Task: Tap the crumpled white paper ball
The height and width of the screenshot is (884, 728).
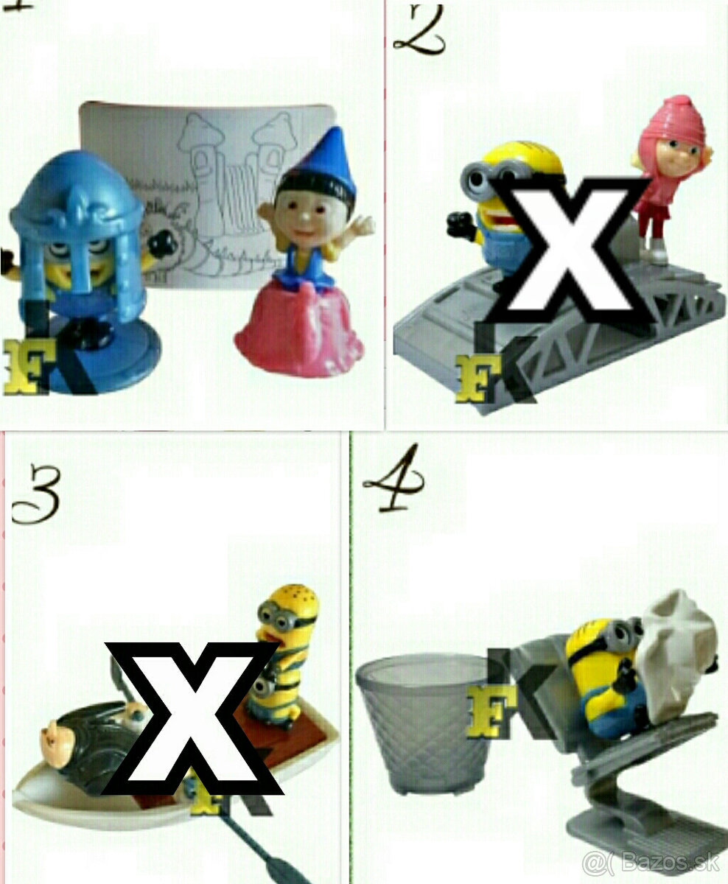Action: (x=678, y=648)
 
